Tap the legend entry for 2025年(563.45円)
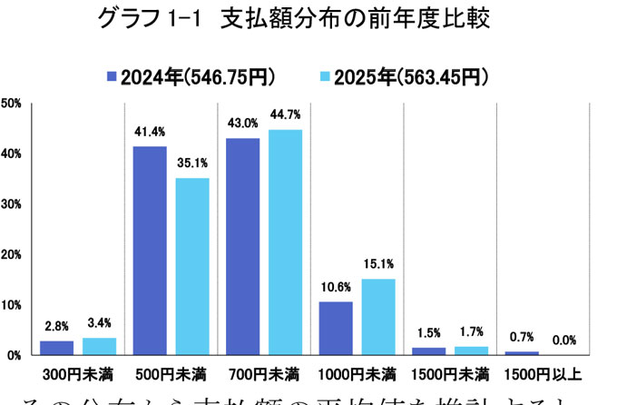405,76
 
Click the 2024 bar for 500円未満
149,250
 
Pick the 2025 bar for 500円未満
192,266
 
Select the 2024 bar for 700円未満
242,246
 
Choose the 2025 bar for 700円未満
286,242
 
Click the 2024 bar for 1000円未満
336,328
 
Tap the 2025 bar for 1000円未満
379,316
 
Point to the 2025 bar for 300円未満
99,346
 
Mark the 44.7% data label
286,114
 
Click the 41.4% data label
150,132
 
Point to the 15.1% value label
379,264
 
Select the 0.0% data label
565,340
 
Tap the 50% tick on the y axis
12,104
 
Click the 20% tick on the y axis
12,254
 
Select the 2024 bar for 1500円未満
429,351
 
